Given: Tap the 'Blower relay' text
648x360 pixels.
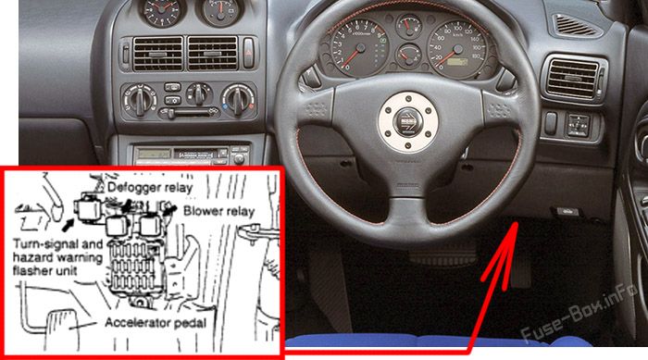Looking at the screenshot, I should click(x=218, y=211).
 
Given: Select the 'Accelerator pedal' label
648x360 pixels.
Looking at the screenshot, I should click(x=159, y=323).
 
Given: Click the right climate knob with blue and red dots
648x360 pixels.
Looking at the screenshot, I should click(x=240, y=97).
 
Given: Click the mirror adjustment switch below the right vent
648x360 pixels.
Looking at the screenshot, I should click(x=579, y=121).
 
